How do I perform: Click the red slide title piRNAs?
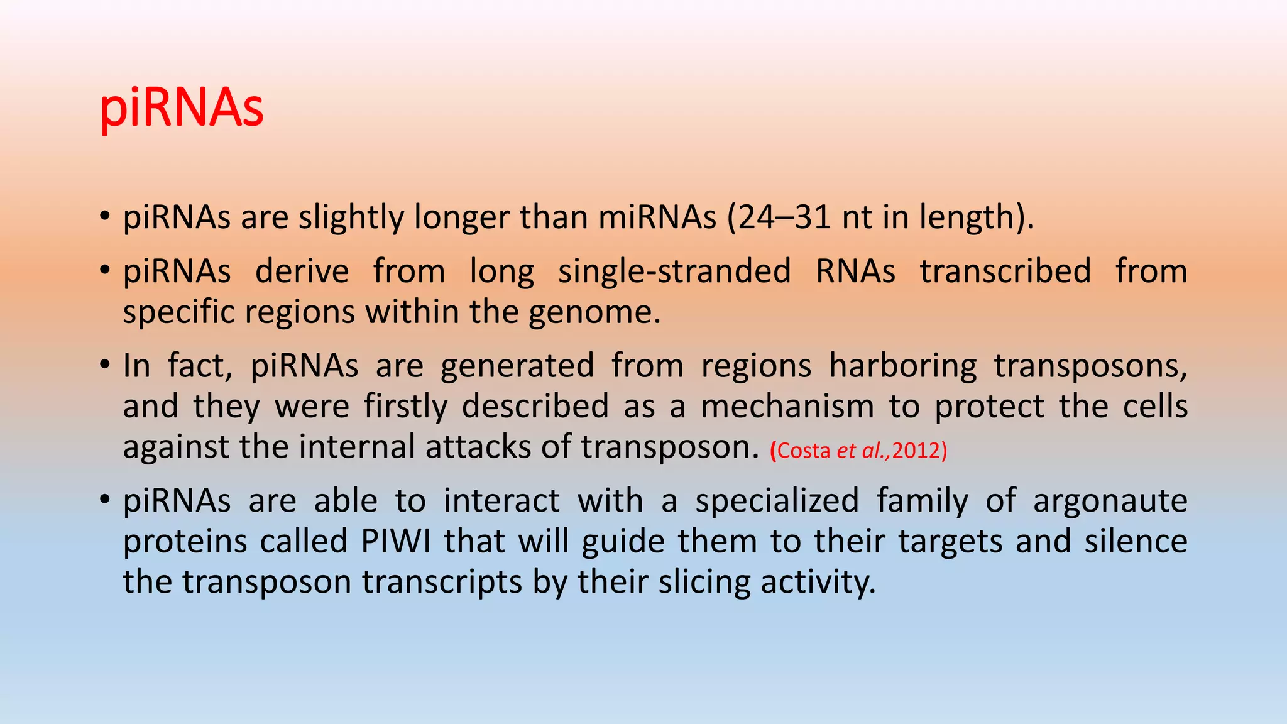point(182,108)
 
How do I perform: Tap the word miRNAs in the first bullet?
point(657,217)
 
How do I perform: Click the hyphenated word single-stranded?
point(674,271)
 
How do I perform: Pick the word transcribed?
point(1005,271)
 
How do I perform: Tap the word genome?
point(592,312)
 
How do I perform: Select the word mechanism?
point(787,407)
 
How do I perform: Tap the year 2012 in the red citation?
point(916,451)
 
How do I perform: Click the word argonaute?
point(1110,502)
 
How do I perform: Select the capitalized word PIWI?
point(396,542)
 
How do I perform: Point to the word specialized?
point(777,502)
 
